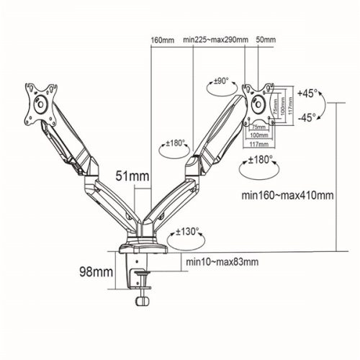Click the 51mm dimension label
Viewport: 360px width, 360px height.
[x=134, y=176]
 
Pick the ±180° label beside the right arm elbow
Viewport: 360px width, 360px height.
[x=176, y=143]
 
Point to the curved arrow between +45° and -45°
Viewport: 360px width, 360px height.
[x=321, y=106]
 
